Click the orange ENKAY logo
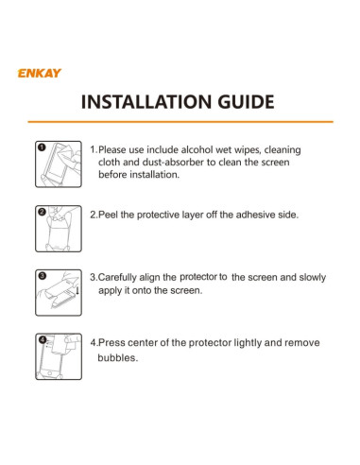tap(40, 73)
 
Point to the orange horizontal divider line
tap(180, 122)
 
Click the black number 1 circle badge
tap(42, 147)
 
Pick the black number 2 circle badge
tap(42, 212)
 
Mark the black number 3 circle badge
tap(43, 276)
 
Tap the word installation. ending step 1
tap(155, 175)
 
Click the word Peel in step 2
tap(108, 215)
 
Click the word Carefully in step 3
tap(117, 278)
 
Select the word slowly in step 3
tap(313, 278)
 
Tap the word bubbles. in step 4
tap(118, 358)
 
